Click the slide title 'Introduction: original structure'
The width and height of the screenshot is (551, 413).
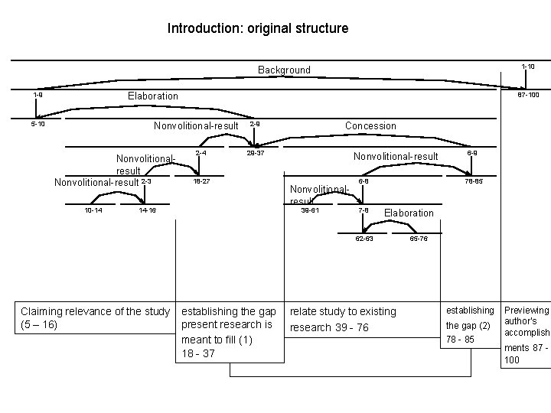pyautogui.click(x=258, y=28)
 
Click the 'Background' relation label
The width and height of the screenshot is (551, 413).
pyautogui.click(x=284, y=70)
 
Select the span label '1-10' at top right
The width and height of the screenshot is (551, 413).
pyautogui.click(x=527, y=67)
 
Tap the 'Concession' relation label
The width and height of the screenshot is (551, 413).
pyautogui.click(x=370, y=125)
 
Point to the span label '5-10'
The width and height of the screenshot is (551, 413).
pyautogui.click(x=37, y=123)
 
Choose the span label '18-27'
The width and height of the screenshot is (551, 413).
pyautogui.click(x=201, y=181)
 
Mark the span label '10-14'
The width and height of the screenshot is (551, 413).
pyautogui.click(x=94, y=210)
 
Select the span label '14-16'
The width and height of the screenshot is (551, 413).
pyautogui.click(x=148, y=210)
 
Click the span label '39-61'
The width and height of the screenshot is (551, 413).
pyautogui.click(x=311, y=210)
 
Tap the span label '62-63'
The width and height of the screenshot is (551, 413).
pyautogui.click(x=364, y=239)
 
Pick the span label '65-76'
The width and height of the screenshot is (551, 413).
pyautogui.click(x=419, y=239)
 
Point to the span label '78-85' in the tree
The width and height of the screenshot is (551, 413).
pyautogui.click(x=474, y=181)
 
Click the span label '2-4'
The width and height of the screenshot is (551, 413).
pyautogui.click(x=201, y=153)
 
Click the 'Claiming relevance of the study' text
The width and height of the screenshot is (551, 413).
pyautogui.click(x=95, y=311)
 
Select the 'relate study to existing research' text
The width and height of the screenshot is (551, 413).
pyautogui.click(x=343, y=311)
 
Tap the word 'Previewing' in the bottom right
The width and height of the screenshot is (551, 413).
pyautogui.click(x=526, y=310)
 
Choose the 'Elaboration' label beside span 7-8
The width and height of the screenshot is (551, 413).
pyautogui.click(x=409, y=213)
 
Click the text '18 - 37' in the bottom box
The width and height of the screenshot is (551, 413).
pyautogui.click(x=197, y=353)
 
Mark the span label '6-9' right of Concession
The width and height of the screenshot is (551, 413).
pyautogui.click(x=473, y=153)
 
